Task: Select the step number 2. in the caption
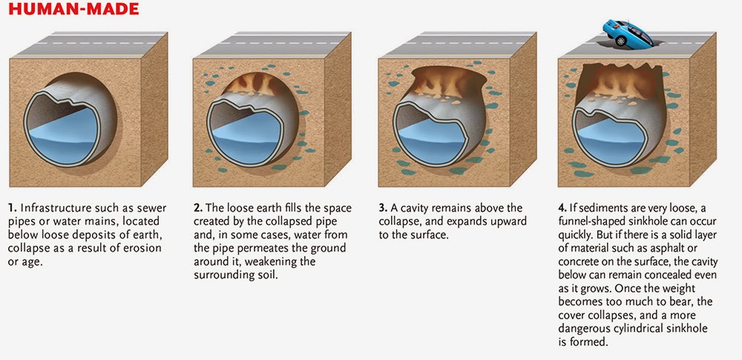point(198,209)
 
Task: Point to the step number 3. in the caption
point(384,209)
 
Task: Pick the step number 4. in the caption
point(567,209)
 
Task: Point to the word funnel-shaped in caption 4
point(598,222)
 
